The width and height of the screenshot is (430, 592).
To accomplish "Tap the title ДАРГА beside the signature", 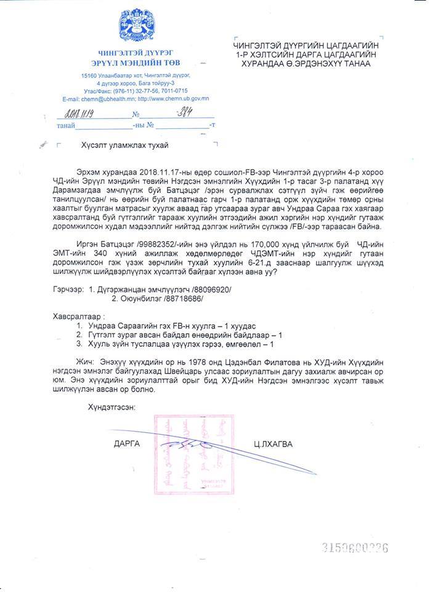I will (126, 442).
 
